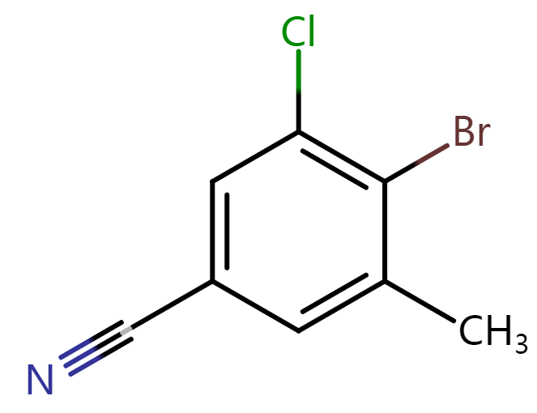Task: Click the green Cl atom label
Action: pos(297,32)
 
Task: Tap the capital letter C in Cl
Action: pos(291,33)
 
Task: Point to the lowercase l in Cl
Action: pos(310,32)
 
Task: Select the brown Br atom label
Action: pos(471,132)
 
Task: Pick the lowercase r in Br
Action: pos(484,135)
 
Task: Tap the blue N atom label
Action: pos(40,379)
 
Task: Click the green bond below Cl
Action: pos(299,71)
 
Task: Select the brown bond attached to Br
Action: pos(432,155)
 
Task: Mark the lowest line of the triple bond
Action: pos(86,365)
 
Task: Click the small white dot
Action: pos(126,330)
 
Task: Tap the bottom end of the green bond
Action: pos(299,92)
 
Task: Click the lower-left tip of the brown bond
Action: pos(416,164)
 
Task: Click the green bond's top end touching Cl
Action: pos(299,53)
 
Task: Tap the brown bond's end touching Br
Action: pos(448,147)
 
